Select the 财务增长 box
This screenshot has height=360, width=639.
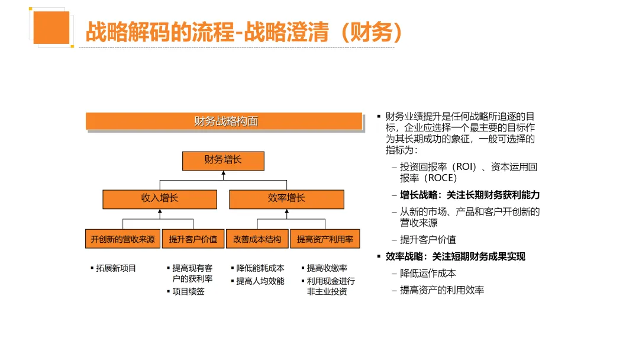tap(223, 160)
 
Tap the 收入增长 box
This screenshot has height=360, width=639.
tap(159, 199)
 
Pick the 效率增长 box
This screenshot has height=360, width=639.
tap(286, 199)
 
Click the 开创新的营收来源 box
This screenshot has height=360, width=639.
tap(123, 239)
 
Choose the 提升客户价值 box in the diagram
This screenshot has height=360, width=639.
tap(193, 239)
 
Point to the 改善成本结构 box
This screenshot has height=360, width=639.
tap(257, 239)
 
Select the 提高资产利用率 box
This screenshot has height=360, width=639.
tap(325, 239)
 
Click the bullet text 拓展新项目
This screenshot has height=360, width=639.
tap(116, 268)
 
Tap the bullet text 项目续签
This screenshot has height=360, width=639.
tap(188, 291)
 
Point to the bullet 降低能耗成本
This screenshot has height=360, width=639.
tap(260, 268)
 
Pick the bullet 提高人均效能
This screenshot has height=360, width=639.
tap(260, 281)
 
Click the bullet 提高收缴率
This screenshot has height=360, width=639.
tap(327, 268)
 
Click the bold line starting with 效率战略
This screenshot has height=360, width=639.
tap(455, 256)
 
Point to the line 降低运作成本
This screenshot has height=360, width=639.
tap(428, 274)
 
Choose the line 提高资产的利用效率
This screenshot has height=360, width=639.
tap(442, 290)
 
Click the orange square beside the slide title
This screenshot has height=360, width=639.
tap(51, 27)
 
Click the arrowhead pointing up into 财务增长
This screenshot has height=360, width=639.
tap(223, 174)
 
